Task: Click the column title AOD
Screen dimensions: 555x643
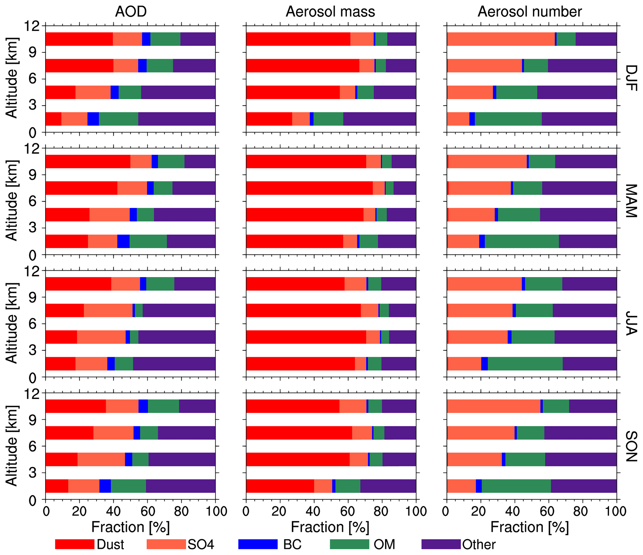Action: pyautogui.click(x=131, y=12)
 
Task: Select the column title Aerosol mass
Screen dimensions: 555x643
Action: pyautogui.click(x=330, y=12)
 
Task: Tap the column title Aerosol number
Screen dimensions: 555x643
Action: pyautogui.click(x=529, y=12)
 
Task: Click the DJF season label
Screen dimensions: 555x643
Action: pyautogui.click(x=630, y=78)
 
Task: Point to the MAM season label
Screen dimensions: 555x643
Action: pyautogui.click(x=630, y=201)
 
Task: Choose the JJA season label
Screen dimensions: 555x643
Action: pyautogui.click(x=630, y=323)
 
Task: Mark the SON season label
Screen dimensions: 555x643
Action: pyautogui.click(x=630, y=446)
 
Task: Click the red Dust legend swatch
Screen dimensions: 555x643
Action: pyautogui.click(x=75, y=544)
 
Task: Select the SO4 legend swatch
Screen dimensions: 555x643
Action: pyautogui.click(x=166, y=544)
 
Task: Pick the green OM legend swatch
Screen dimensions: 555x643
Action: pyautogui.click(x=349, y=544)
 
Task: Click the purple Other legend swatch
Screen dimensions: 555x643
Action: pyautogui.click(x=441, y=544)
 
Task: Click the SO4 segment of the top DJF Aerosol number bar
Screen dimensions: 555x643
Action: pyautogui.click(x=501, y=39)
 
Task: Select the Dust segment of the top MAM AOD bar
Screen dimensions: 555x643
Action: pyautogui.click(x=88, y=161)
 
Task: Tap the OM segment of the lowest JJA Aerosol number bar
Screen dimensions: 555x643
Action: pyautogui.click(x=525, y=363)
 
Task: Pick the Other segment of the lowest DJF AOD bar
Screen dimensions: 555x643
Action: pyautogui.click(x=177, y=119)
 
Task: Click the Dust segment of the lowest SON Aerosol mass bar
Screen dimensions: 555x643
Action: pyautogui.click(x=280, y=486)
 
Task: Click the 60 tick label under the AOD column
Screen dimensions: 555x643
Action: pyautogui.click(x=147, y=511)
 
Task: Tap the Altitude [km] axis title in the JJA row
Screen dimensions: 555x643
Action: pyautogui.click(x=12, y=323)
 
